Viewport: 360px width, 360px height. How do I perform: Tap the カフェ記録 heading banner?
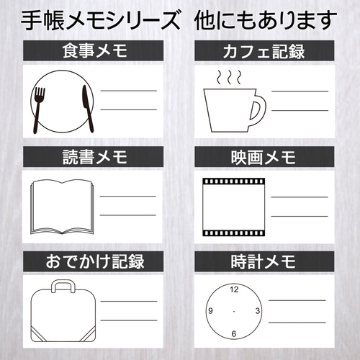[264, 52]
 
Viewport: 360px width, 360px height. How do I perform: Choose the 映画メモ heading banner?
[264, 156]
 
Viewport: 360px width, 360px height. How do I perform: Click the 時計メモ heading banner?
[264, 260]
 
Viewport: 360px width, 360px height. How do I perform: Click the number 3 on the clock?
[257, 311]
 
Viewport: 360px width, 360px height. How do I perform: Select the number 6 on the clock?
[233, 334]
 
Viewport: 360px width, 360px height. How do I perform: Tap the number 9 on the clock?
[210, 311]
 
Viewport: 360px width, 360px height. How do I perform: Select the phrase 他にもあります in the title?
[266, 19]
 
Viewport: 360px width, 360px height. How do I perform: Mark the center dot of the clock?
[233, 311]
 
